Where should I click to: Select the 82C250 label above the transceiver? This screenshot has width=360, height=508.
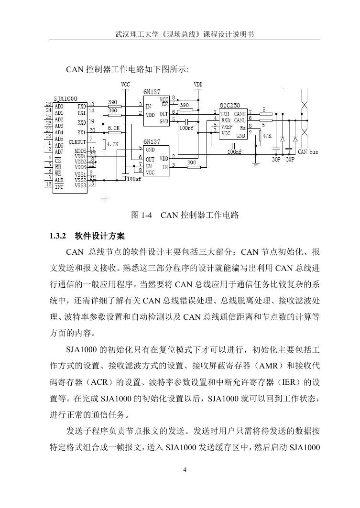point(230,105)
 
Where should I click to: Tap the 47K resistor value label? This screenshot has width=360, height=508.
point(267,136)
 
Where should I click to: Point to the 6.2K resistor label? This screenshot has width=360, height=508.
point(114,128)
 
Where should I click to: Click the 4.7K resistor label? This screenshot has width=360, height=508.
point(113,144)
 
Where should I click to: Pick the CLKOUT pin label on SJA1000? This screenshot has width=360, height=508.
point(77,142)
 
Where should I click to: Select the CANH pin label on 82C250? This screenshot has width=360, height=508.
point(240,114)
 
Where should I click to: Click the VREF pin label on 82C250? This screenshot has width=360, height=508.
point(227,127)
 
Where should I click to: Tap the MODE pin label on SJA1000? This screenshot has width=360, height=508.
point(80,151)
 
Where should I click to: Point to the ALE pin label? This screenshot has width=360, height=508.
point(59,180)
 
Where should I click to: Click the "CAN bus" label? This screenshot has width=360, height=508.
point(308,151)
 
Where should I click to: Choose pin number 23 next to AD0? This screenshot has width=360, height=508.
point(48,104)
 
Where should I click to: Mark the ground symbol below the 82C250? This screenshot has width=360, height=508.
point(256,163)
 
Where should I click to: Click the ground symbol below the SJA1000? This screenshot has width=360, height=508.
point(104,198)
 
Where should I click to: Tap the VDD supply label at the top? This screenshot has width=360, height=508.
point(198,85)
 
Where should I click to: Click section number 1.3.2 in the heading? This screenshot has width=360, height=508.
point(57,236)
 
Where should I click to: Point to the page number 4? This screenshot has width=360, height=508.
point(185,470)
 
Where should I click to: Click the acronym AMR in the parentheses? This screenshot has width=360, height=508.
point(269,366)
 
